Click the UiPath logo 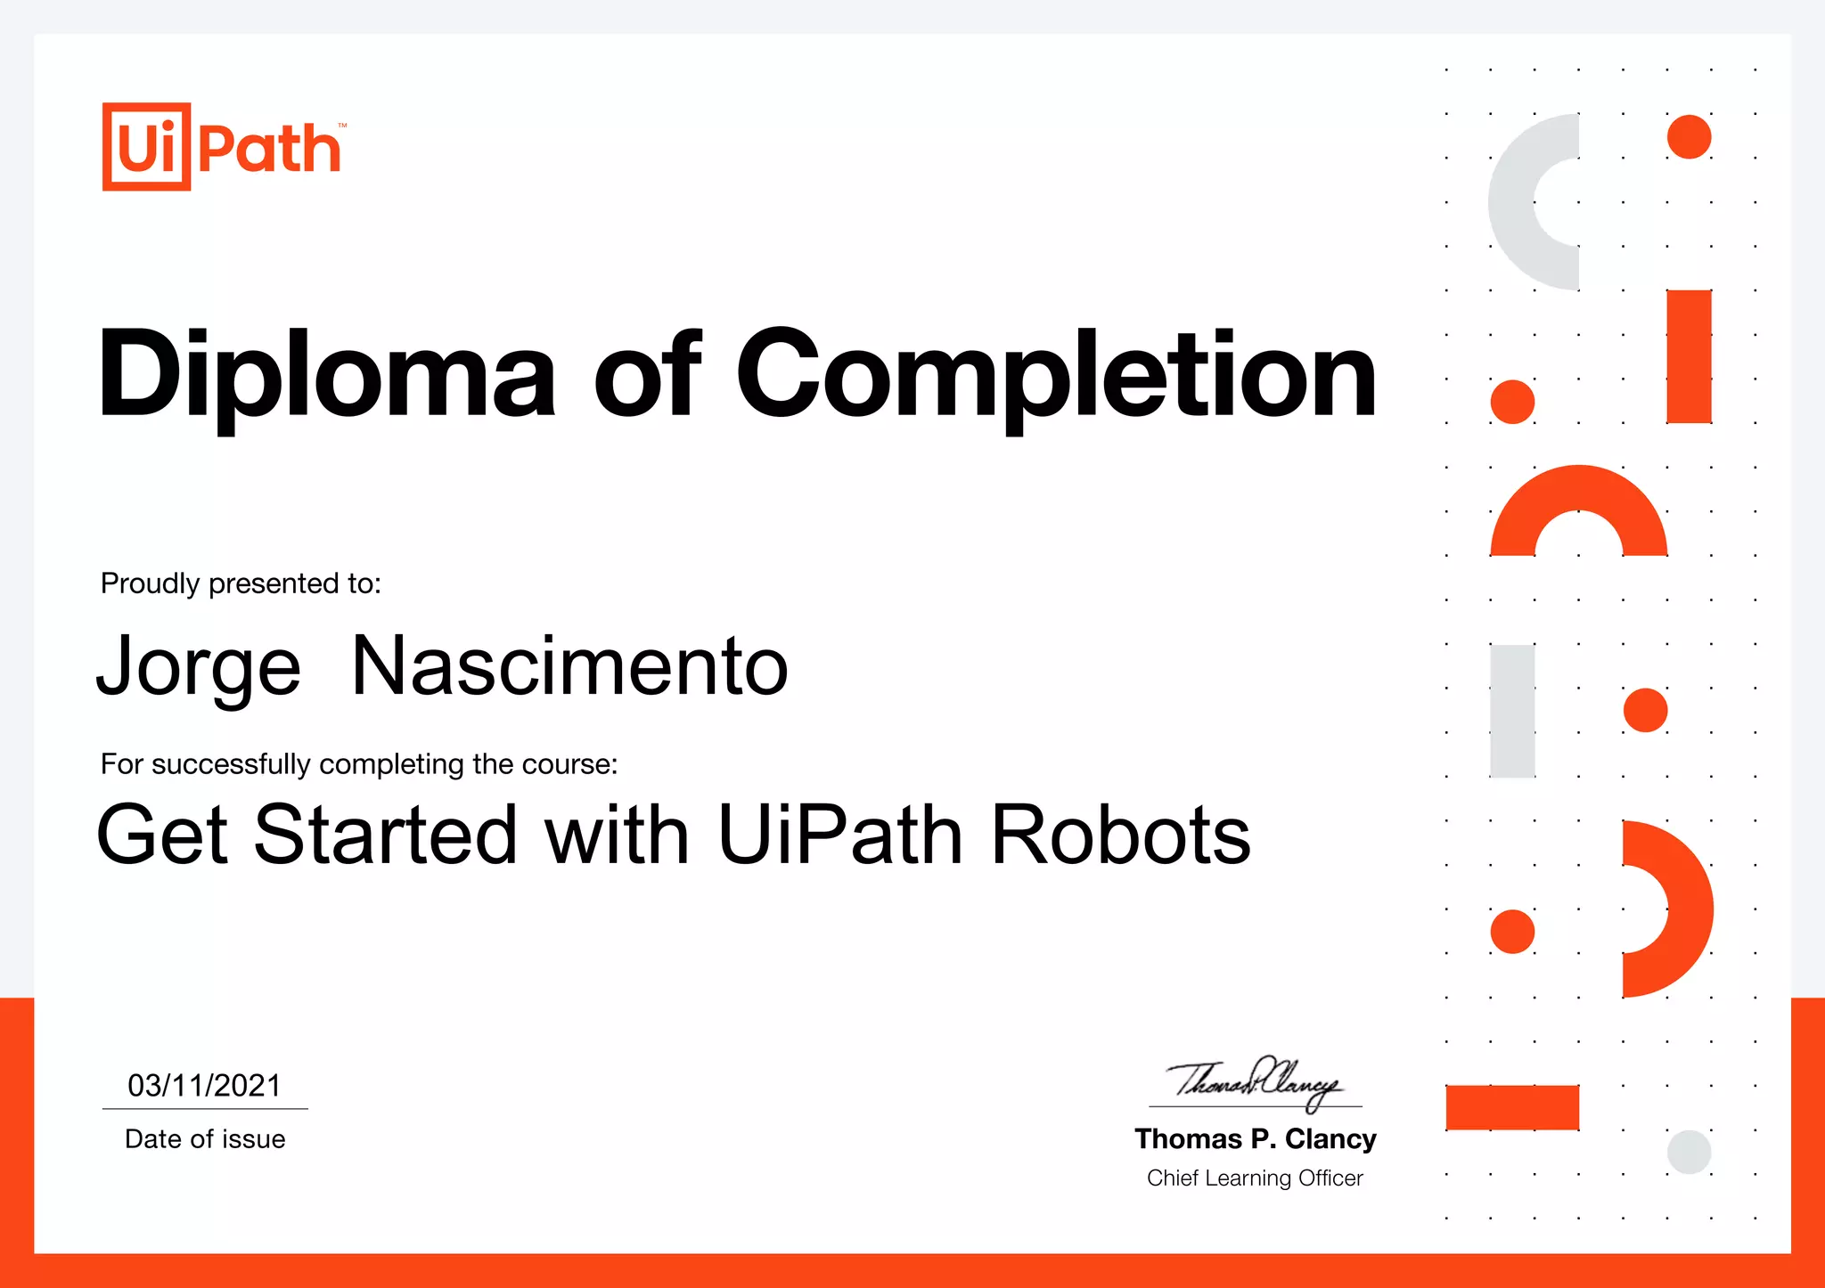(x=223, y=147)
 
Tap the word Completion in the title (x=1056, y=374)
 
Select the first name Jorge (x=199, y=668)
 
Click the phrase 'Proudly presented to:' (x=241, y=583)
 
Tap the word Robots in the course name (x=1120, y=836)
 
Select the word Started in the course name (x=385, y=836)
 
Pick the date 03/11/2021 (x=204, y=1086)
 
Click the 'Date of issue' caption (x=205, y=1139)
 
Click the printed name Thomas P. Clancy (x=1255, y=1139)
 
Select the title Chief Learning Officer (x=1255, y=1178)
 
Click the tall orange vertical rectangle (x=1689, y=356)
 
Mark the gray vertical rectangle (x=1512, y=711)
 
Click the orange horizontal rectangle (x=1512, y=1107)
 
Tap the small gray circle (x=1689, y=1152)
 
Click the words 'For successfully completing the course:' (x=359, y=764)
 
